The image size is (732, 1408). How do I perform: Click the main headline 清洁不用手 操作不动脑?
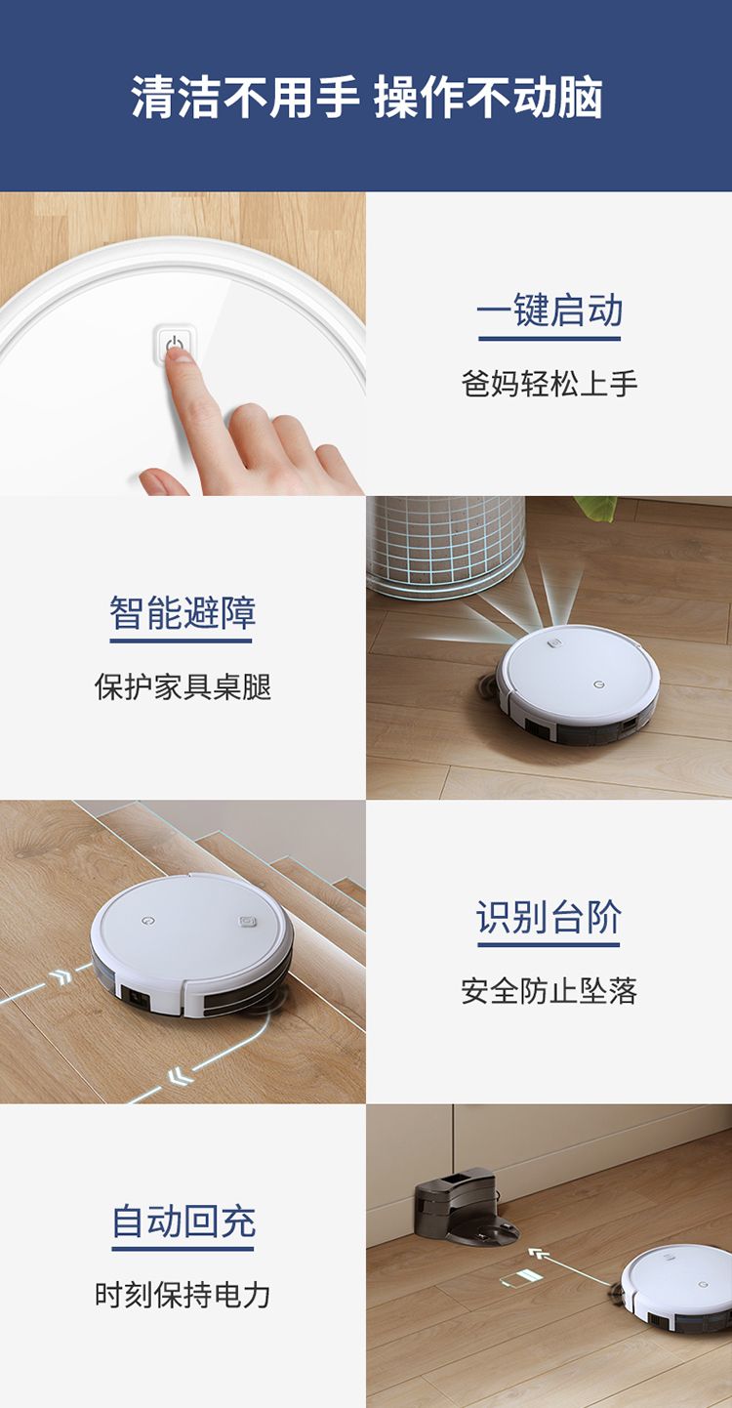366,98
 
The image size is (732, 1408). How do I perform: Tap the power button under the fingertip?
175,344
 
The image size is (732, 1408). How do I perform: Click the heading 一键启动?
549,310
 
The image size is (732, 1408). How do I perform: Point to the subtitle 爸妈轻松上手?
549,384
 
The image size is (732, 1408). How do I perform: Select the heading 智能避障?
183,612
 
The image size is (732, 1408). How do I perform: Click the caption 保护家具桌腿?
183,686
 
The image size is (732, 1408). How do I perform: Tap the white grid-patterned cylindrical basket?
445,546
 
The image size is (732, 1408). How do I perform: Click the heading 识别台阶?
549,917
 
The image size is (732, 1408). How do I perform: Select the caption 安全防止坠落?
549,991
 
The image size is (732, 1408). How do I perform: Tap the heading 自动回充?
183,1221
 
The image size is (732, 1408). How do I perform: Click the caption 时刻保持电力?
183,1295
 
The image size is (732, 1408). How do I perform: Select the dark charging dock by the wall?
466,1208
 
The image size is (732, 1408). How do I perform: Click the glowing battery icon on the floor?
520,1278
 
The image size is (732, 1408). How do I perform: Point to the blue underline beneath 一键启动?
549,338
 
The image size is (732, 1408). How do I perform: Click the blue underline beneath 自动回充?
183,1248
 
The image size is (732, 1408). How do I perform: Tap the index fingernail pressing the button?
181,353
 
